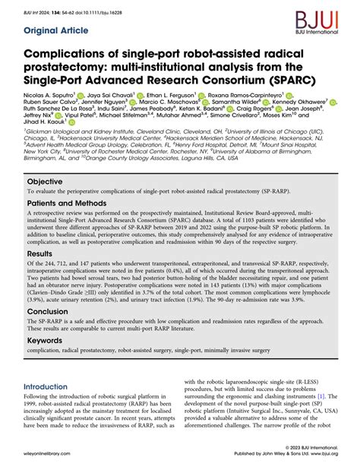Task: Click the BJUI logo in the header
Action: pyautogui.click(x=329, y=17)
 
